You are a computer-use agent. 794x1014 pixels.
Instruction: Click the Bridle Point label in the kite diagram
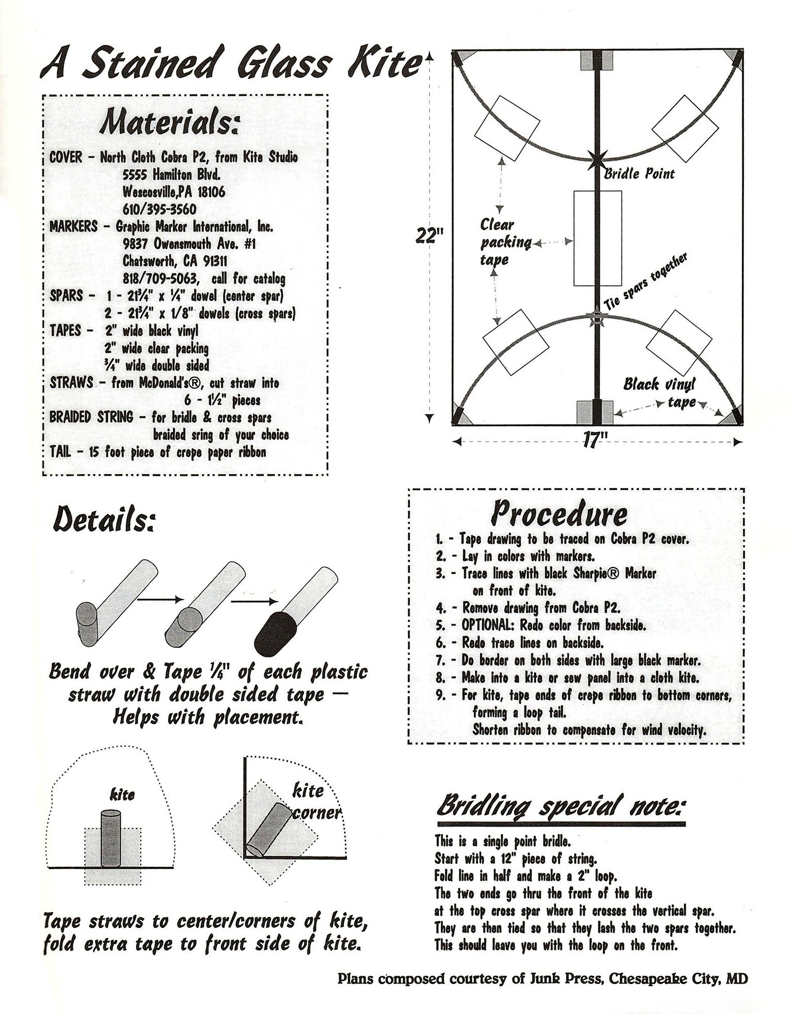(639, 174)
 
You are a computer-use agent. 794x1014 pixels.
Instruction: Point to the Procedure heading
(559, 513)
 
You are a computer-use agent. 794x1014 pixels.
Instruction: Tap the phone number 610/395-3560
(159, 210)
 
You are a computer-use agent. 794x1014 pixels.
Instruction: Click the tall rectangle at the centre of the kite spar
(597, 238)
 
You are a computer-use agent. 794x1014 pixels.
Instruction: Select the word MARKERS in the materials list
(73, 227)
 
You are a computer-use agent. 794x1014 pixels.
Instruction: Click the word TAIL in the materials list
(60, 453)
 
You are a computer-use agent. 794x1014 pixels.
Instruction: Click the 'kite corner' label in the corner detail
(314, 801)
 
